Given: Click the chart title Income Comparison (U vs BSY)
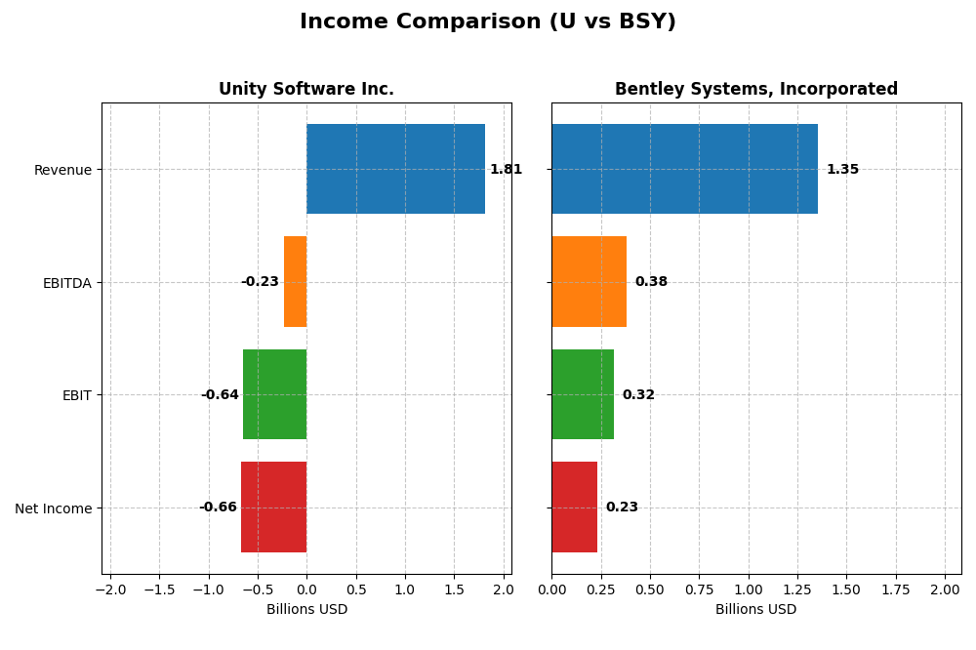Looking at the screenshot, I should pos(487,22).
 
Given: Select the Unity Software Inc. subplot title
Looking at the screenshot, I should pos(306,89).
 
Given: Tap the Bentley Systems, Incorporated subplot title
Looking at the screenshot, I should pos(755,89).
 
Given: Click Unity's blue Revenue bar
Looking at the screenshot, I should pos(395,169).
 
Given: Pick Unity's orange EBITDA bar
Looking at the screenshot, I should pos(295,281).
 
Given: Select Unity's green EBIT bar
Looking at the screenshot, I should pos(274,394).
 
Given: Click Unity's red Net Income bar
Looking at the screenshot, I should pos(273,507).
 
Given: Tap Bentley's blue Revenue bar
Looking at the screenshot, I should pos(684,169).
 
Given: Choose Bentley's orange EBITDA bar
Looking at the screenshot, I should pos(589,281).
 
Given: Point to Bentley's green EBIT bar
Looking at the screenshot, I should pos(583,394).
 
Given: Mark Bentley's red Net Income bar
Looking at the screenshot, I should pos(574,507).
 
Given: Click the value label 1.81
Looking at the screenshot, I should pos(506,170).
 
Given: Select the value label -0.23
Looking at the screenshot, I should pos(260,282).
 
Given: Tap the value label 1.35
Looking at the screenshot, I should pos(842,170).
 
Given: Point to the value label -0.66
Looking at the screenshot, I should pos(218,508).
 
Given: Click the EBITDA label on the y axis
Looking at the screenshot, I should pos(66,283).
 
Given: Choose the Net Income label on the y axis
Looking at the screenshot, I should pos(53,508).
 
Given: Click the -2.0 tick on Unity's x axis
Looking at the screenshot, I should pos(109,590).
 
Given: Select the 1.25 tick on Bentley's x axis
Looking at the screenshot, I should pos(796,590).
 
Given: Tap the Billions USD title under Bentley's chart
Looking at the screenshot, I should pos(755,610).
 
